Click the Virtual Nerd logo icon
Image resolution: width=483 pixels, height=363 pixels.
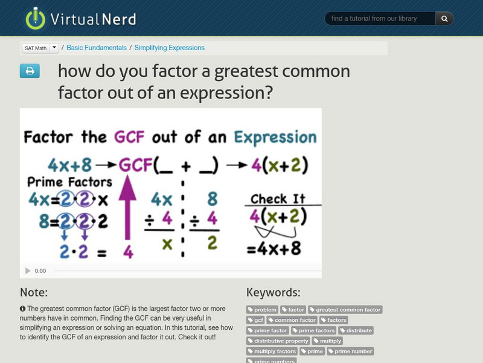point(36,18)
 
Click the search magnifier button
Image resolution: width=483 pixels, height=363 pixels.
point(444,19)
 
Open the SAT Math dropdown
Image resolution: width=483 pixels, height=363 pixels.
point(54,48)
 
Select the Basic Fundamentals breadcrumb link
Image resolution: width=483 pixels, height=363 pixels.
point(97,48)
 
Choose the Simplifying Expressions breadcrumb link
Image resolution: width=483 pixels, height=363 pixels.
point(169,48)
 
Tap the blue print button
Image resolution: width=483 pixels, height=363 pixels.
point(30,71)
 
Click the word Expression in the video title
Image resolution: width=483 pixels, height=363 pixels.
point(275,137)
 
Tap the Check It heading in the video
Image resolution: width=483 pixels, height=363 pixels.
point(278,198)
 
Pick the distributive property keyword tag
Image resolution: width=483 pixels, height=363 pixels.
point(278,341)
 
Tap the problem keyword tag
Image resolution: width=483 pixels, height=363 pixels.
point(262,310)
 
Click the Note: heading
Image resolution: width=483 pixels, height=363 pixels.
point(34,293)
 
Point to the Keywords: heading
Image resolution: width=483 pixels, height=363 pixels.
point(273,293)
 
